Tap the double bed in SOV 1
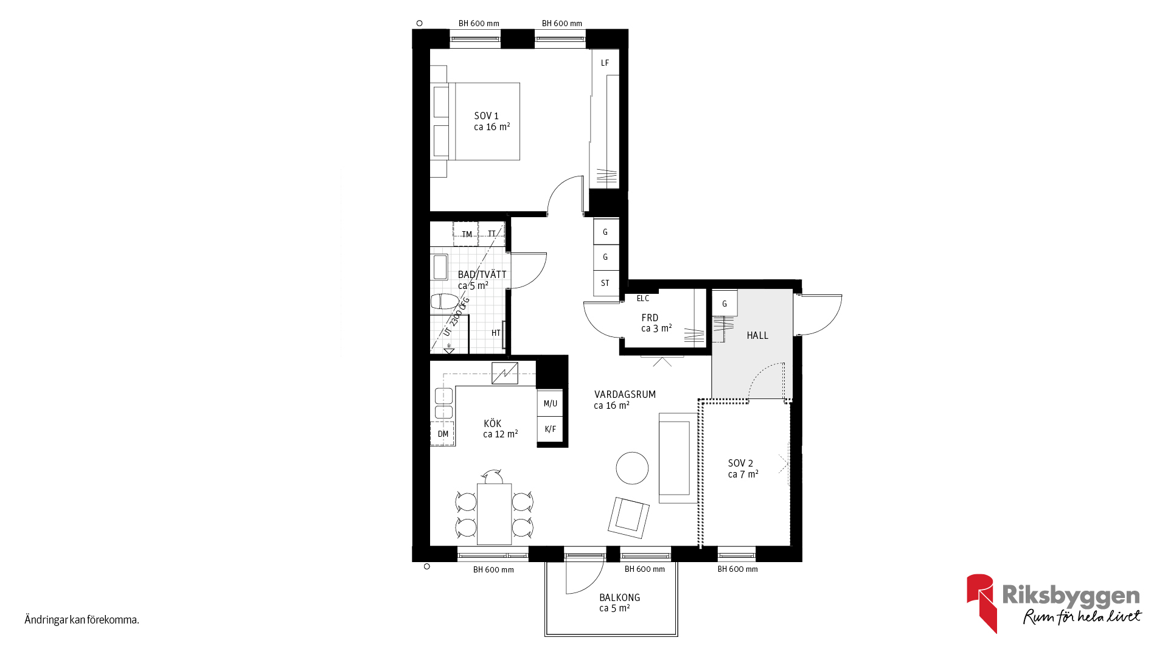pos(475,122)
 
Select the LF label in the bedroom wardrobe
pos(605,63)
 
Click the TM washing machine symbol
pos(466,234)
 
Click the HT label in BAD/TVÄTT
pos(496,333)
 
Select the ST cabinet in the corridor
pos(606,283)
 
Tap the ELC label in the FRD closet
pos(643,298)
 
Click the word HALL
pos(757,335)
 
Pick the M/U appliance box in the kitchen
pos(550,403)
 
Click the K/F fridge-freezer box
pos(550,429)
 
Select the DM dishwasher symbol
pos(442,434)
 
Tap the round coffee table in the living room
pos(632,468)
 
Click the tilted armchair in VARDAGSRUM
pos(629,518)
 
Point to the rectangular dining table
pos(494,514)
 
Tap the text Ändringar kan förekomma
pos(82,620)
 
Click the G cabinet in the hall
pos(725,304)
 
